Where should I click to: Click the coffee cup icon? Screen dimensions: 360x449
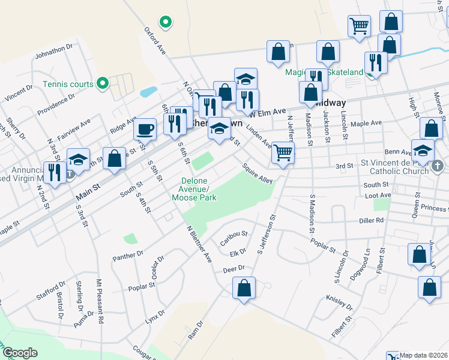tap(145, 128)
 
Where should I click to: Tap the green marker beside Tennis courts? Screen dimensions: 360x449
tap(103, 83)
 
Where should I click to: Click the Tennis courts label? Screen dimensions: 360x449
tap(68, 84)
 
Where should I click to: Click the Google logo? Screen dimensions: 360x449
tap(20, 353)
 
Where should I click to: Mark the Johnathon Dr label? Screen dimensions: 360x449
tap(54, 50)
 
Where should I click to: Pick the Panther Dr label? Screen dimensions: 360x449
tap(128, 256)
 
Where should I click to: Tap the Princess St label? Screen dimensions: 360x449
tap(434, 208)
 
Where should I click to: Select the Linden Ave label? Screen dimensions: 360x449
tap(259, 141)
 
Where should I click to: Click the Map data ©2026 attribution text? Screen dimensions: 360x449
tap(424, 355)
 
